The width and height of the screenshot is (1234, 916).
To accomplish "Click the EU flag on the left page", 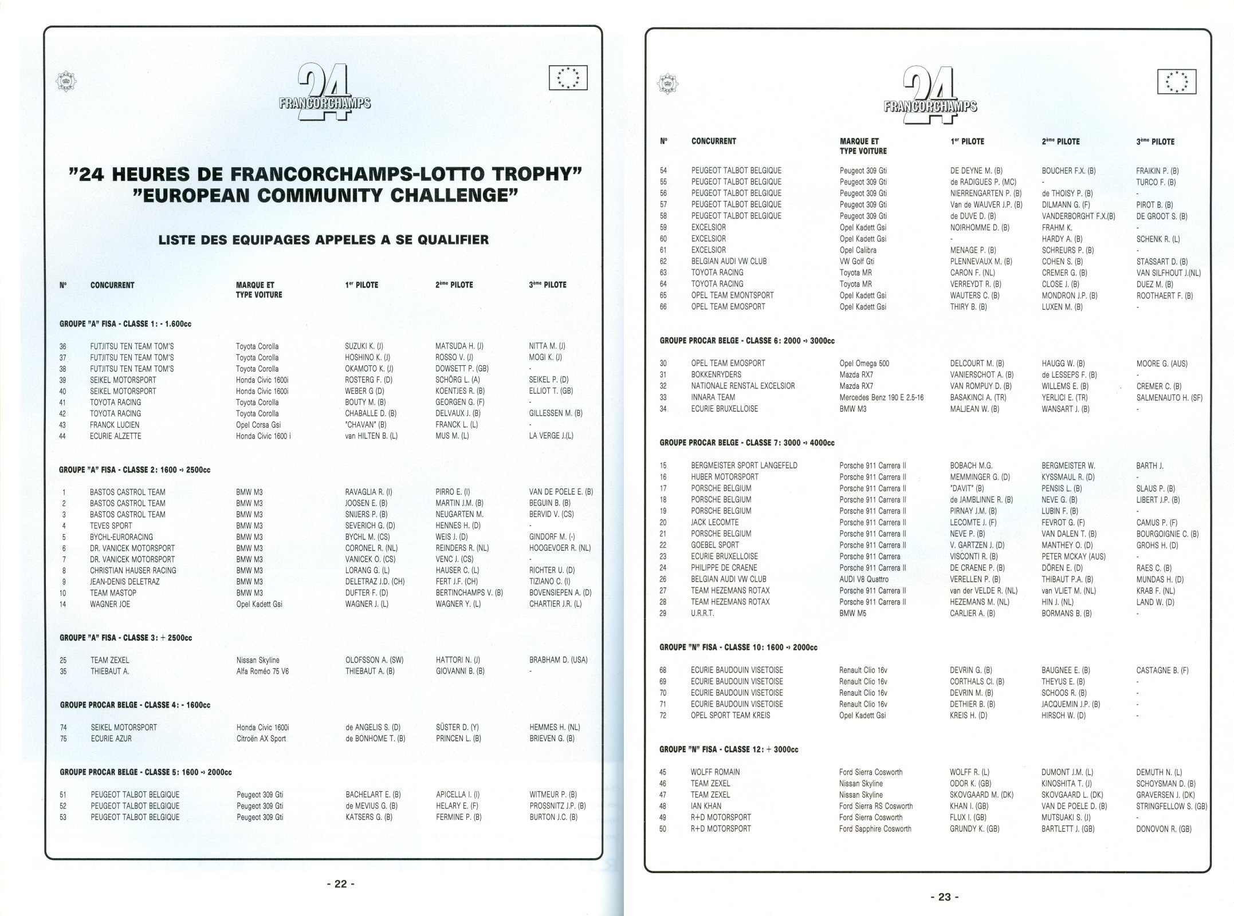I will point(568,78).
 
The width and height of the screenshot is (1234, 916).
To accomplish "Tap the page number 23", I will point(944,897).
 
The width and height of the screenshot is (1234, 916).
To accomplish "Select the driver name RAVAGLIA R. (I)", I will point(368,492).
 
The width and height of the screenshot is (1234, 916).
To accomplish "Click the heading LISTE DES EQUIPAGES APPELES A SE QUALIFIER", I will point(323,239).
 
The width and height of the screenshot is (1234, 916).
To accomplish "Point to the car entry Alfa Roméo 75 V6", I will point(262,671).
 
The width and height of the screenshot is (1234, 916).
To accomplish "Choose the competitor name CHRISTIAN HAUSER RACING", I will point(133,570).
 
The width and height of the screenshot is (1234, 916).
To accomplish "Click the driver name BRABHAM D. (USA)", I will point(558,660).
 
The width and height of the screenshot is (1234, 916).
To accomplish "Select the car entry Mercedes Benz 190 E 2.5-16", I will point(881,397).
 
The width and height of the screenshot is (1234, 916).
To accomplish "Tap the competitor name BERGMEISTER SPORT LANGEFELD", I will point(744,465).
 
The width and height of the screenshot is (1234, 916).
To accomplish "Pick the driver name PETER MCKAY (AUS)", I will point(1073,556).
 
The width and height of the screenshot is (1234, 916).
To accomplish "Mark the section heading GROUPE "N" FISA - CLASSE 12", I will point(729,749).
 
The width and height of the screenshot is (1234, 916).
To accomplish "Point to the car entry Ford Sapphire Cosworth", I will point(875,828).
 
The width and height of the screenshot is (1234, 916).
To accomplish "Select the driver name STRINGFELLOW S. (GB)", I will point(1171,806).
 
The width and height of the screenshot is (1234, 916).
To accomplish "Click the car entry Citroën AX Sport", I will point(261,739).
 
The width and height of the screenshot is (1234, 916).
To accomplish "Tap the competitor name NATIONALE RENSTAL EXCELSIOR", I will point(742,386).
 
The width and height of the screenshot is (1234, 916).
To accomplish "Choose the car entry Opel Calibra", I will point(858,250).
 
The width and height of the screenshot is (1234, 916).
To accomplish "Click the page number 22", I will point(340,883).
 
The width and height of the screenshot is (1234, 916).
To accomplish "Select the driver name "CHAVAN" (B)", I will point(366,425).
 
